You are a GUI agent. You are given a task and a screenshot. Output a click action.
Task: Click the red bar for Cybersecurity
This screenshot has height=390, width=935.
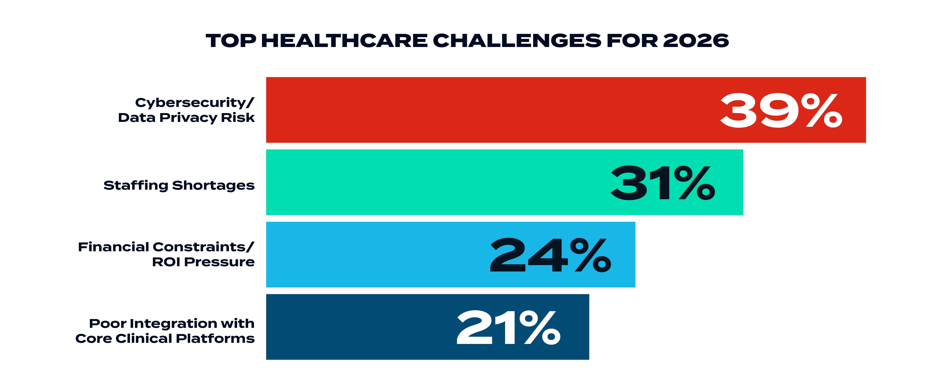(x=472, y=110)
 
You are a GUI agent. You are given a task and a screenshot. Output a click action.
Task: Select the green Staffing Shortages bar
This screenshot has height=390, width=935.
(x=436, y=182)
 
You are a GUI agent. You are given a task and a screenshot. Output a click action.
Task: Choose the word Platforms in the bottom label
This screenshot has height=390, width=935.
(x=215, y=339)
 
